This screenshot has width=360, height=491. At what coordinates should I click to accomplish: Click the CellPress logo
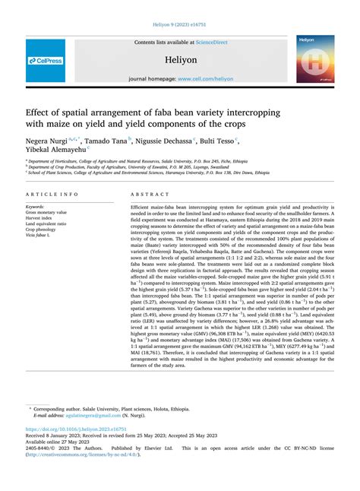(46, 60)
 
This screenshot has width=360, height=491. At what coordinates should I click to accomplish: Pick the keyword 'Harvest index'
(39, 218)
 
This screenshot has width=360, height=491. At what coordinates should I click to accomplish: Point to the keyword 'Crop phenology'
(41, 230)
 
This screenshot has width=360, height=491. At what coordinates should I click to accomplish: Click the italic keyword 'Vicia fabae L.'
(39, 236)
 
